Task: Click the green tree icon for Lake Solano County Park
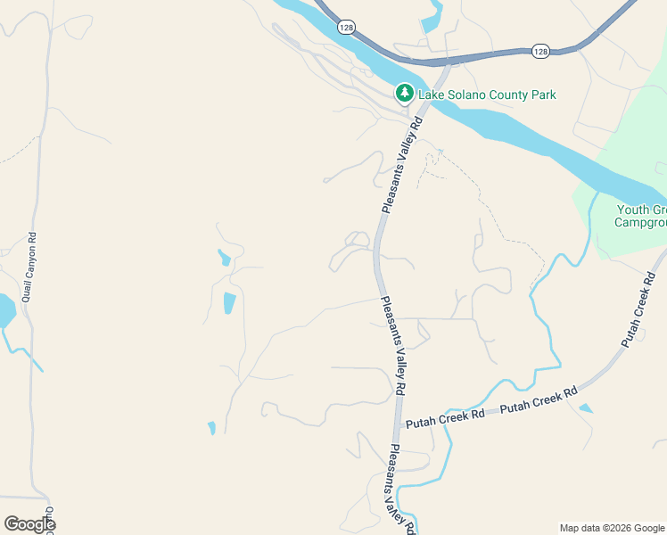pyautogui.click(x=404, y=93)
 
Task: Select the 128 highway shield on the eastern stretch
pyautogui.click(x=540, y=52)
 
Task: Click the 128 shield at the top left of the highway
pyautogui.click(x=345, y=29)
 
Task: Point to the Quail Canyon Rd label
pyautogui.click(x=29, y=267)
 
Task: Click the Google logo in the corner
pyautogui.click(x=29, y=524)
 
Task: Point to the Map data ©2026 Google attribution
pyautogui.click(x=611, y=528)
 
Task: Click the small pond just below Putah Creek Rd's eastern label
pyautogui.click(x=585, y=408)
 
